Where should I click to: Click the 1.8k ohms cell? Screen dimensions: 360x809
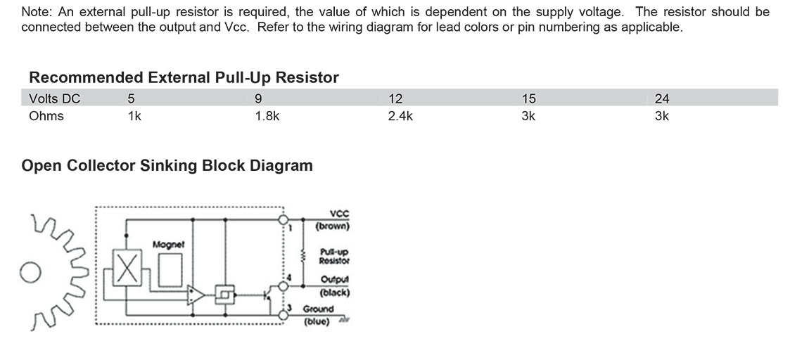coord(267,116)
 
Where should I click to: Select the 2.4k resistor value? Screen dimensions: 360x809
coord(400,116)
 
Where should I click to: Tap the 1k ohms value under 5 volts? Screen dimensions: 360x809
coord(134,116)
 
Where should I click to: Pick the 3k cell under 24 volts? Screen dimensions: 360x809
coord(661,116)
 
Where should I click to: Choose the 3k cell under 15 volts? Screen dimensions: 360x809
coord(528,116)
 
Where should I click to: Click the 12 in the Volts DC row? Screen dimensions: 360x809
coord(395,98)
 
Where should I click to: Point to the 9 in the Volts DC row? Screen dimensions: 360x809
coord(258,98)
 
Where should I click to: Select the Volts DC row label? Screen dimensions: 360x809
coord(55,98)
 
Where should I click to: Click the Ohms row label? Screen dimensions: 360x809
coord(46,116)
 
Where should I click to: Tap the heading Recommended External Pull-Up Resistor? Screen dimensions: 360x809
coord(184,77)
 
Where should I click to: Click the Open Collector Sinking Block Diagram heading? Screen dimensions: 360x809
coord(167,166)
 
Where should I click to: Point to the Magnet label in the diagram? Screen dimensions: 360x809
coord(168,245)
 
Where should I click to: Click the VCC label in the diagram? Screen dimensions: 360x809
coord(338,216)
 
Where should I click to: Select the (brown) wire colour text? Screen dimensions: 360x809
coord(333,226)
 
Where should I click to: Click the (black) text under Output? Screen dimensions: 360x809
coord(335,292)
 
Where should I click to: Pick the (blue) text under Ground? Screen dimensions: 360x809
coord(317,321)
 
